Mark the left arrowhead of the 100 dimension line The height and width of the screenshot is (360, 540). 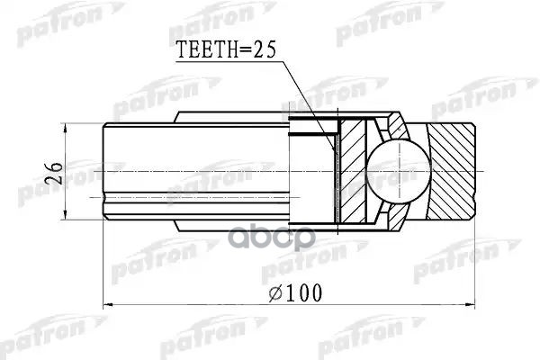(111, 306)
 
